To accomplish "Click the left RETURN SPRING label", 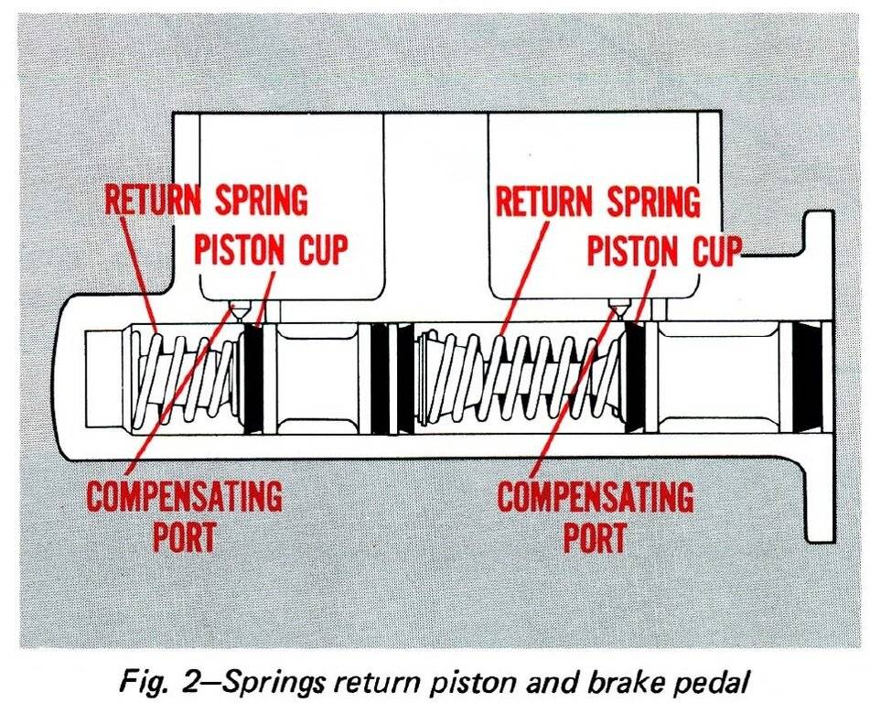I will point(207,200).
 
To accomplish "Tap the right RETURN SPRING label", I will point(596,200).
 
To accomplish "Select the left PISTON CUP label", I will point(271,249).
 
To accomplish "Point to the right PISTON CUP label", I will point(662,249).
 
